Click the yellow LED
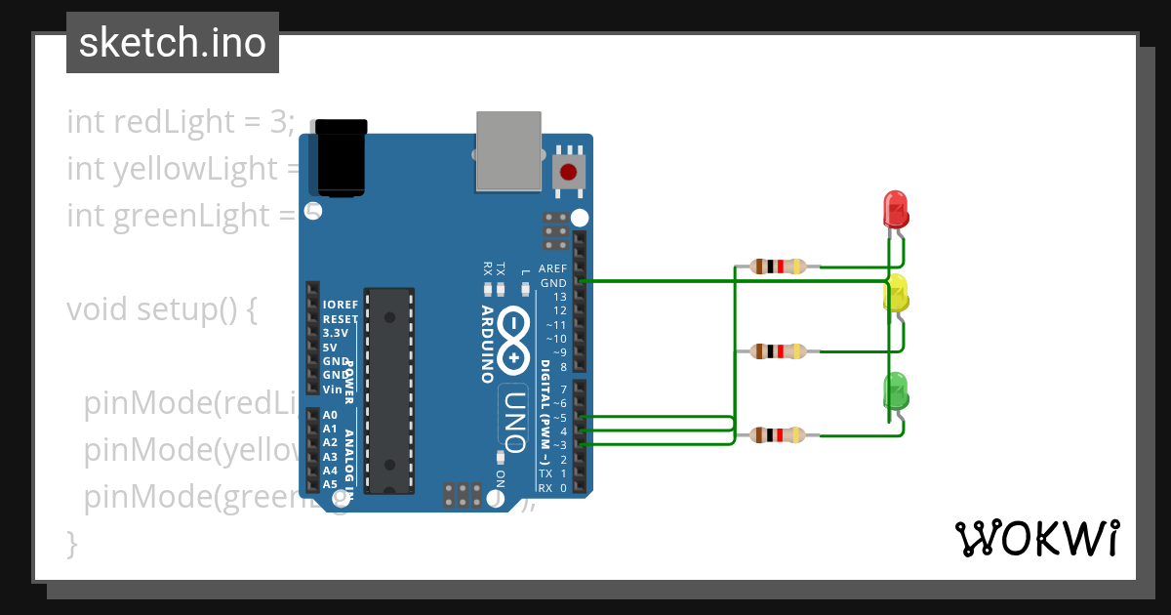click(x=896, y=294)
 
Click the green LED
click(x=896, y=389)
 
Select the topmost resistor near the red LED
click(x=778, y=266)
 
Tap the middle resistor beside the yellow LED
click(x=778, y=351)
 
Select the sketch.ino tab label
click(x=173, y=43)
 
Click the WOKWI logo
click(x=1035, y=538)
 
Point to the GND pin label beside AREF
click(x=553, y=283)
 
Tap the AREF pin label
click(x=552, y=268)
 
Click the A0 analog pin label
click(x=330, y=415)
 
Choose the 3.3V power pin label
click(x=337, y=333)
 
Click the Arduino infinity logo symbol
click(x=514, y=343)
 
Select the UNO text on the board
click(x=516, y=423)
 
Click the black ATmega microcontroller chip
click(x=388, y=390)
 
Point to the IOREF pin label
click(x=341, y=305)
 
